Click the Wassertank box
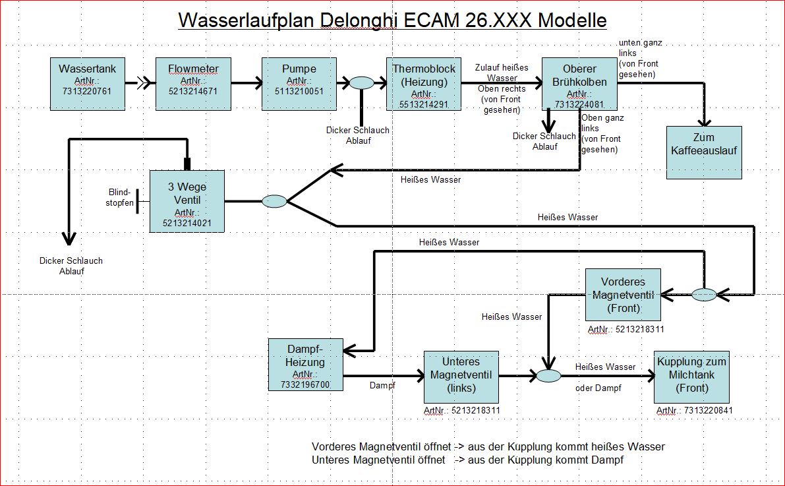88,83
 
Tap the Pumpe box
299,83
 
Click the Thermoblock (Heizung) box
424,84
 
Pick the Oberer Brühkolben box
579,83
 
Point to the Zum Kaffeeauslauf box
704,152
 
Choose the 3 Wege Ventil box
187,201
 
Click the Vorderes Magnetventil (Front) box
623,294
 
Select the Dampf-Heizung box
306,365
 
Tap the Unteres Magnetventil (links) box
461,377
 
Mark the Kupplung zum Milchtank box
691,377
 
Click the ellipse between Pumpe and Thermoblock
361,84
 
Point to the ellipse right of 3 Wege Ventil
274,201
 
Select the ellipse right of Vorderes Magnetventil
704,295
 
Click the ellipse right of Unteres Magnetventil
548,377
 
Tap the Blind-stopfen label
119,197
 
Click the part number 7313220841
709,410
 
